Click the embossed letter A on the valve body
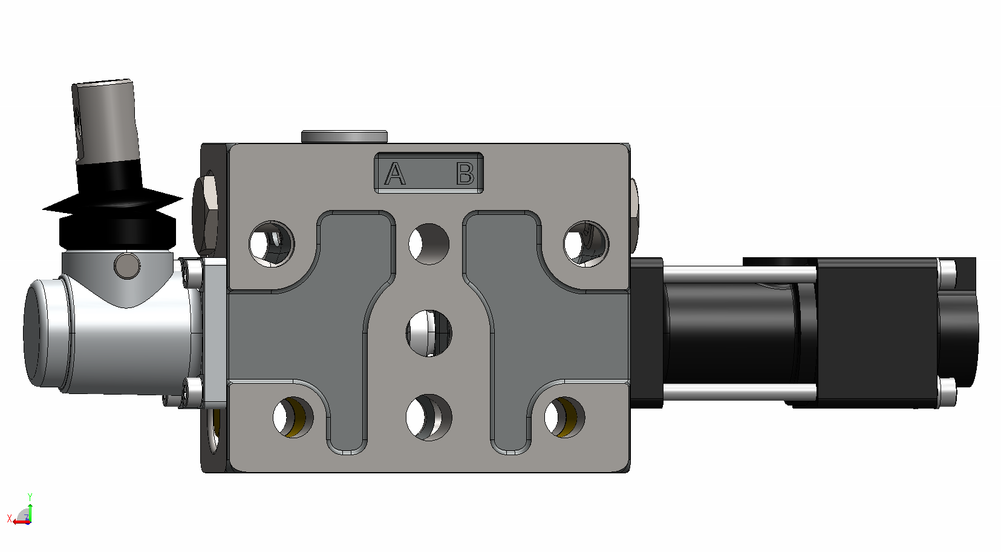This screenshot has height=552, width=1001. [395, 174]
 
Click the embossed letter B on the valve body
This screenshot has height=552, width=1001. [465, 174]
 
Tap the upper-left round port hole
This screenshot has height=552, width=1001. [272, 244]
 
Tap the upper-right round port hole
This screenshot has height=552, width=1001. [586, 244]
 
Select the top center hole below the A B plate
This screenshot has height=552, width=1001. [429, 244]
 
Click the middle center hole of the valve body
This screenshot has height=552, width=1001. [429, 333]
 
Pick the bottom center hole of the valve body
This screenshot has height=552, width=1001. [429, 418]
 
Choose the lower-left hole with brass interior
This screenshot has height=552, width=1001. [293, 418]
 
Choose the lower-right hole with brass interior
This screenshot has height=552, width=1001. [565, 418]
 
